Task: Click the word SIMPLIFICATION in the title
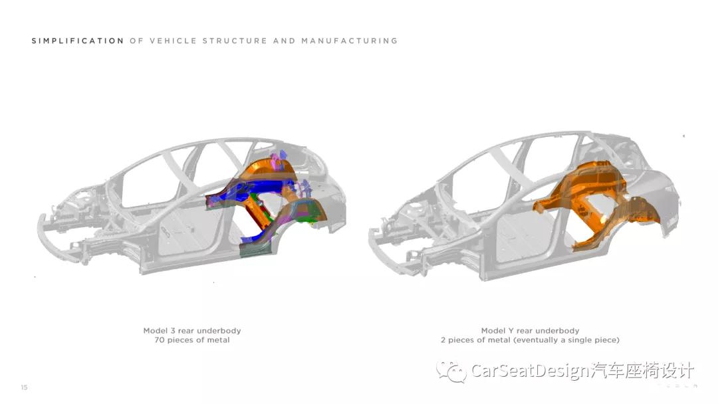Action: coord(78,41)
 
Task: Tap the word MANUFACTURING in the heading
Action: coord(350,41)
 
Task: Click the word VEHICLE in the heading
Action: coord(173,41)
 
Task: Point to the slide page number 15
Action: coord(25,387)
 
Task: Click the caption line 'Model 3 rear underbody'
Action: coord(192,330)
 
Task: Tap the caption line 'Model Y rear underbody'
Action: coord(530,330)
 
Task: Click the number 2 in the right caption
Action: coord(443,340)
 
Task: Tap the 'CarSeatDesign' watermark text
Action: coord(530,371)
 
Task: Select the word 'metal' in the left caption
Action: coord(219,340)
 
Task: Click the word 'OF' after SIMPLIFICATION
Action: coord(136,41)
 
